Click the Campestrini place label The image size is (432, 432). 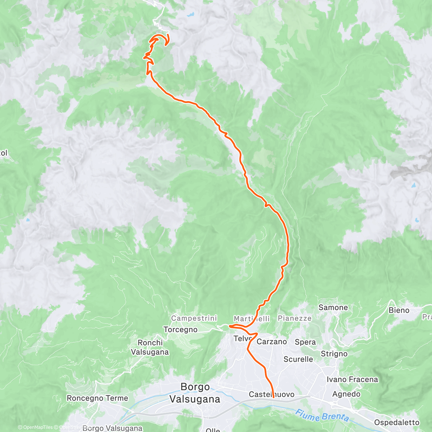[x=194, y=318]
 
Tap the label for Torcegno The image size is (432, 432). [x=180, y=329]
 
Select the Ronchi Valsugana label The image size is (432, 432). [x=150, y=347]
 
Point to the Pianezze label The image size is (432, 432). [x=294, y=318]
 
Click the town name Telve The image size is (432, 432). [x=242, y=339]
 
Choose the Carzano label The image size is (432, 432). [x=272, y=342]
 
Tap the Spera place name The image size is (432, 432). [x=305, y=342]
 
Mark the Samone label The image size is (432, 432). [x=333, y=307]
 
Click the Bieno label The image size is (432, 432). [x=399, y=310]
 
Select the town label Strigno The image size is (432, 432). [x=334, y=354]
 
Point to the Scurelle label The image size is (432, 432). [x=298, y=359]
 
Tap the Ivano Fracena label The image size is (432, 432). [x=352, y=379]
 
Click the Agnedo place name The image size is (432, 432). [x=346, y=394]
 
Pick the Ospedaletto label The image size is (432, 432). [x=397, y=423]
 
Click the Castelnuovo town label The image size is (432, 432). [x=271, y=395]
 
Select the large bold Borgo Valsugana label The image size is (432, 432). [x=195, y=393]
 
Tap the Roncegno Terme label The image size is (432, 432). [x=98, y=398]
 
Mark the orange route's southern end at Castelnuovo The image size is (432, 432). [x=273, y=397]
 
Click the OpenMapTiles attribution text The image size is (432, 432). [x=35, y=428]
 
